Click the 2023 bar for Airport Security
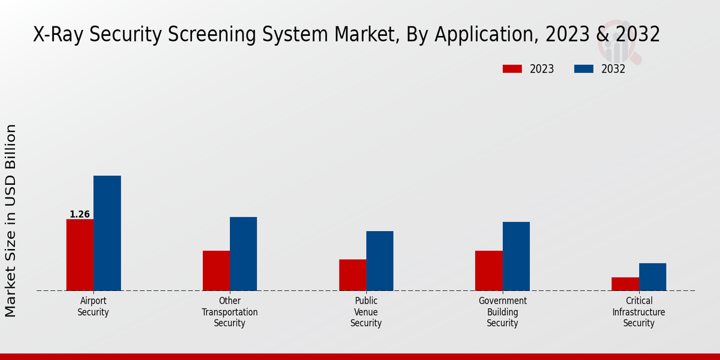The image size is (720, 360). pos(80,255)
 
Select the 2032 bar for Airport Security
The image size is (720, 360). pos(107,233)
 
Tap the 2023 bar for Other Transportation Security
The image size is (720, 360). pos(216,271)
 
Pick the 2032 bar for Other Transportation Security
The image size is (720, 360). pos(243,254)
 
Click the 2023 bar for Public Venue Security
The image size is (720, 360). pos(352,275)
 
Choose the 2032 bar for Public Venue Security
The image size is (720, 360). pos(380,261)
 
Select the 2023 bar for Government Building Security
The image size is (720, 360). pos(488,271)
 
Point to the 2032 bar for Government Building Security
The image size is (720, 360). pos(516,256)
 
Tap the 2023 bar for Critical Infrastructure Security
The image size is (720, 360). pos(625,284)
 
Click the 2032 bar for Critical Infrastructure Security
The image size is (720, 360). pos(652,277)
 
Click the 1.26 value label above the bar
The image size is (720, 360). pos(80,214)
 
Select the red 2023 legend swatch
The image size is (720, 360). pos(512,69)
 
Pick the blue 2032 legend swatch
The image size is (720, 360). pos(583,69)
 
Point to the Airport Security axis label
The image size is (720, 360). pos(93,307)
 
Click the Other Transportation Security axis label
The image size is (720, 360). pos(230,312)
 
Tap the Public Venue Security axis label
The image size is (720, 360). pos(366,312)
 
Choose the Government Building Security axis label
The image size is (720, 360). pos(502,312)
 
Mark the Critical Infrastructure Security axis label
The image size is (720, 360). pos(638,312)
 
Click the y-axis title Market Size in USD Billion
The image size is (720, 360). pos(11,221)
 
